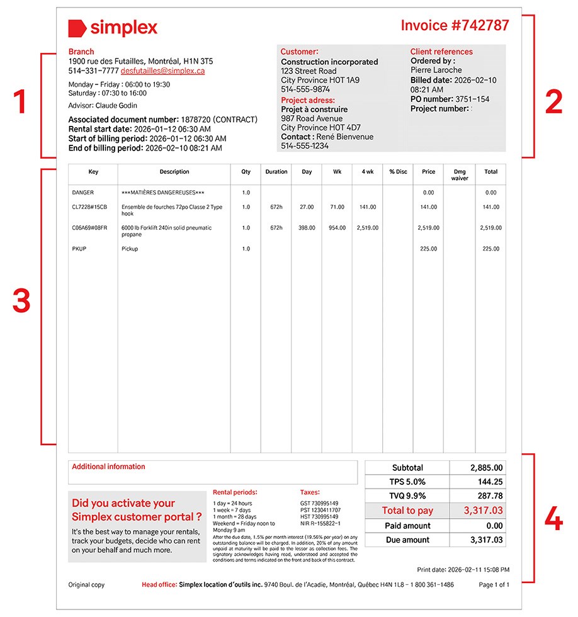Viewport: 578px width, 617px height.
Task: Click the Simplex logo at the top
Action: pyautogui.click(x=113, y=28)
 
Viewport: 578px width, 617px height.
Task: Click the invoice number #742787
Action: pyautogui.click(x=455, y=25)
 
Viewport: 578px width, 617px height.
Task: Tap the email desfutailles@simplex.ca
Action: pyautogui.click(x=162, y=71)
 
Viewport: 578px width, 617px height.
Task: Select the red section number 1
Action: pyautogui.click(x=20, y=103)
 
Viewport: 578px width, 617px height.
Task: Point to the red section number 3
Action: pyautogui.click(x=21, y=302)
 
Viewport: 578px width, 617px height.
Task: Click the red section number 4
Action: pyautogui.click(x=553, y=521)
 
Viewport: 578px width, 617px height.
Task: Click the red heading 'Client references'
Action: pyautogui.click(x=441, y=52)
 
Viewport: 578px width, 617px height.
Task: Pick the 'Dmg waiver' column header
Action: pyautogui.click(x=460, y=174)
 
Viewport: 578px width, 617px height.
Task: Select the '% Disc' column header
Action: pyautogui.click(x=398, y=171)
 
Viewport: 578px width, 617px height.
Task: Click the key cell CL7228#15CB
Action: pyautogui.click(x=89, y=207)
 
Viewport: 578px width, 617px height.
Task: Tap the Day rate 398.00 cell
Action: pyautogui.click(x=307, y=228)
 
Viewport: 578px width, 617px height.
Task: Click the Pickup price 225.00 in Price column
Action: pyautogui.click(x=428, y=249)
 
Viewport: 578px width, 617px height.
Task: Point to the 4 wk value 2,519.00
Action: pyautogui.click(x=368, y=228)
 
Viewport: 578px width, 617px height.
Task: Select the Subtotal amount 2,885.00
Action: pyautogui.click(x=486, y=468)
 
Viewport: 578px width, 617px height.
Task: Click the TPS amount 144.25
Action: pyautogui.click(x=490, y=482)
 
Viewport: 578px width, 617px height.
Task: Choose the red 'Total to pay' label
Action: pyautogui.click(x=407, y=511)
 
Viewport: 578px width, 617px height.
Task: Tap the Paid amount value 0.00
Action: pyautogui.click(x=494, y=526)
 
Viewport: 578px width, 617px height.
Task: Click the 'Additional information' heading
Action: pyautogui.click(x=108, y=467)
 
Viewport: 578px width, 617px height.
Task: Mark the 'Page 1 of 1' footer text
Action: pyautogui.click(x=494, y=585)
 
